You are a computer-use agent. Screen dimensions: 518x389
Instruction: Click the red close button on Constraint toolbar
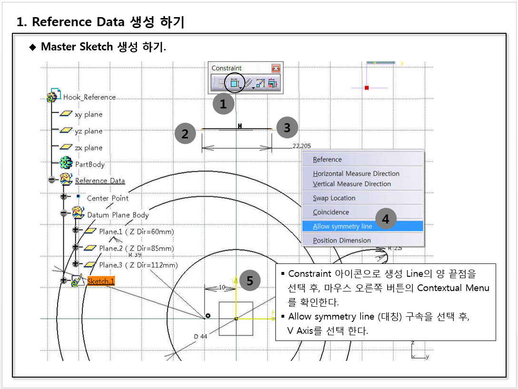pos(276,68)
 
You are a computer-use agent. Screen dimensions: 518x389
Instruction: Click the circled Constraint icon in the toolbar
pos(234,83)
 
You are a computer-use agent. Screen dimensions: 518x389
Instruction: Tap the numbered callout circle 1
pos(223,104)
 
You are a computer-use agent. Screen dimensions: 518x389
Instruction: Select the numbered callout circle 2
pos(185,134)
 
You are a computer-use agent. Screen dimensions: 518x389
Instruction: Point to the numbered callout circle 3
pos(287,127)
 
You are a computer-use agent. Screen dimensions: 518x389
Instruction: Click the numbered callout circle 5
pos(250,281)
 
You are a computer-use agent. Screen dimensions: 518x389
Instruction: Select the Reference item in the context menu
pos(327,159)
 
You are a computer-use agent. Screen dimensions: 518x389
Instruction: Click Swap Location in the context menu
pos(334,198)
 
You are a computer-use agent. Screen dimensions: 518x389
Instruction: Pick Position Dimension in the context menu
pos(342,241)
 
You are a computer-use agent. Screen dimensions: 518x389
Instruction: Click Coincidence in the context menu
pos(331,212)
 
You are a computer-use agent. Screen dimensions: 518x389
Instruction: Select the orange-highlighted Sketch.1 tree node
pos(101,281)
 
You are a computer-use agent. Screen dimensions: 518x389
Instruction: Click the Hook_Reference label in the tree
pos(89,97)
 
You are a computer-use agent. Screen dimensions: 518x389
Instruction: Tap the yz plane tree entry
pos(88,131)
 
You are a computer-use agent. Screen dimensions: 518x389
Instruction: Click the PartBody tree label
pos(90,164)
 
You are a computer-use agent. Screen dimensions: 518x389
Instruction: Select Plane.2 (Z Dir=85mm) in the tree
pos(137,248)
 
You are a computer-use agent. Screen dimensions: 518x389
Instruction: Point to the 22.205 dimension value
pos(302,146)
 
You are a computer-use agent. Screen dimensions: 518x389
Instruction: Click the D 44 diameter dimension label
pos(200,337)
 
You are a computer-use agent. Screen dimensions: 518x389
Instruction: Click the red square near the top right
pos(367,88)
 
